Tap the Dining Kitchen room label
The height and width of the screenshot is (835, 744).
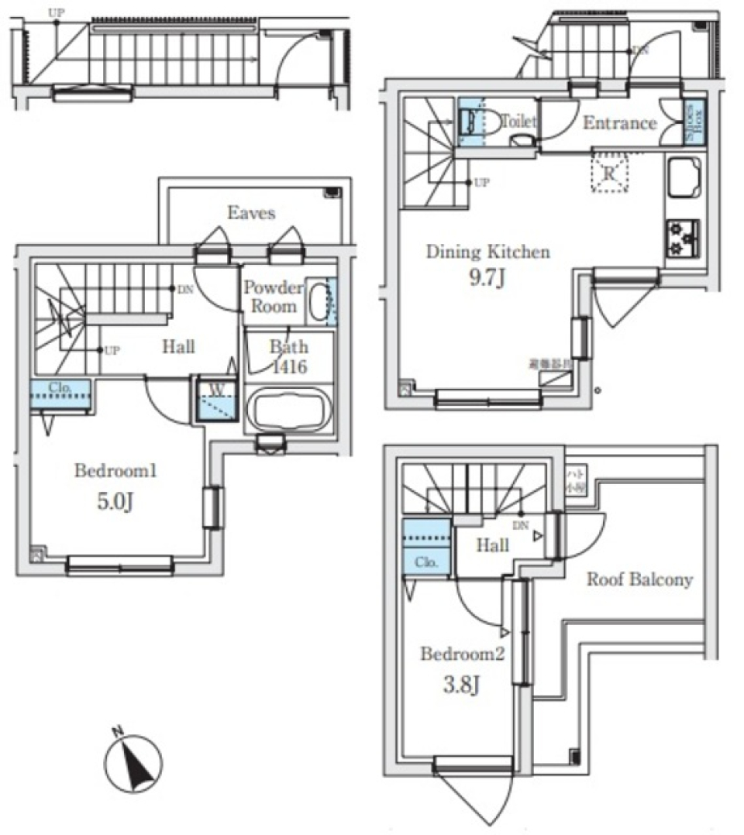pyautogui.click(x=488, y=252)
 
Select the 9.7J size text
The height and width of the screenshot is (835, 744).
pyautogui.click(x=488, y=278)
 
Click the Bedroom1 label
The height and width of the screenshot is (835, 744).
pyautogui.click(x=115, y=470)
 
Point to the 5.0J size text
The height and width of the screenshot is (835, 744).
pyautogui.click(x=115, y=501)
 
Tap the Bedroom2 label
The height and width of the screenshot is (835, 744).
pyautogui.click(x=463, y=654)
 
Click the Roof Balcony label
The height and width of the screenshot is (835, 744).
pyautogui.click(x=639, y=579)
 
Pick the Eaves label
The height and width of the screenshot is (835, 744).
pyautogui.click(x=251, y=212)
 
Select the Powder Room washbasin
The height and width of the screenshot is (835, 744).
pyautogui.click(x=319, y=301)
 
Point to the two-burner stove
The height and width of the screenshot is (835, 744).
pyautogui.click(x=682, y=237)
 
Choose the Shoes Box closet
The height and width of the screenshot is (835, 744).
pyautogui.click(x=694, y=122)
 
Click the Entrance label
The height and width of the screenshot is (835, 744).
pyautogui.click(x=619, y=123)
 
